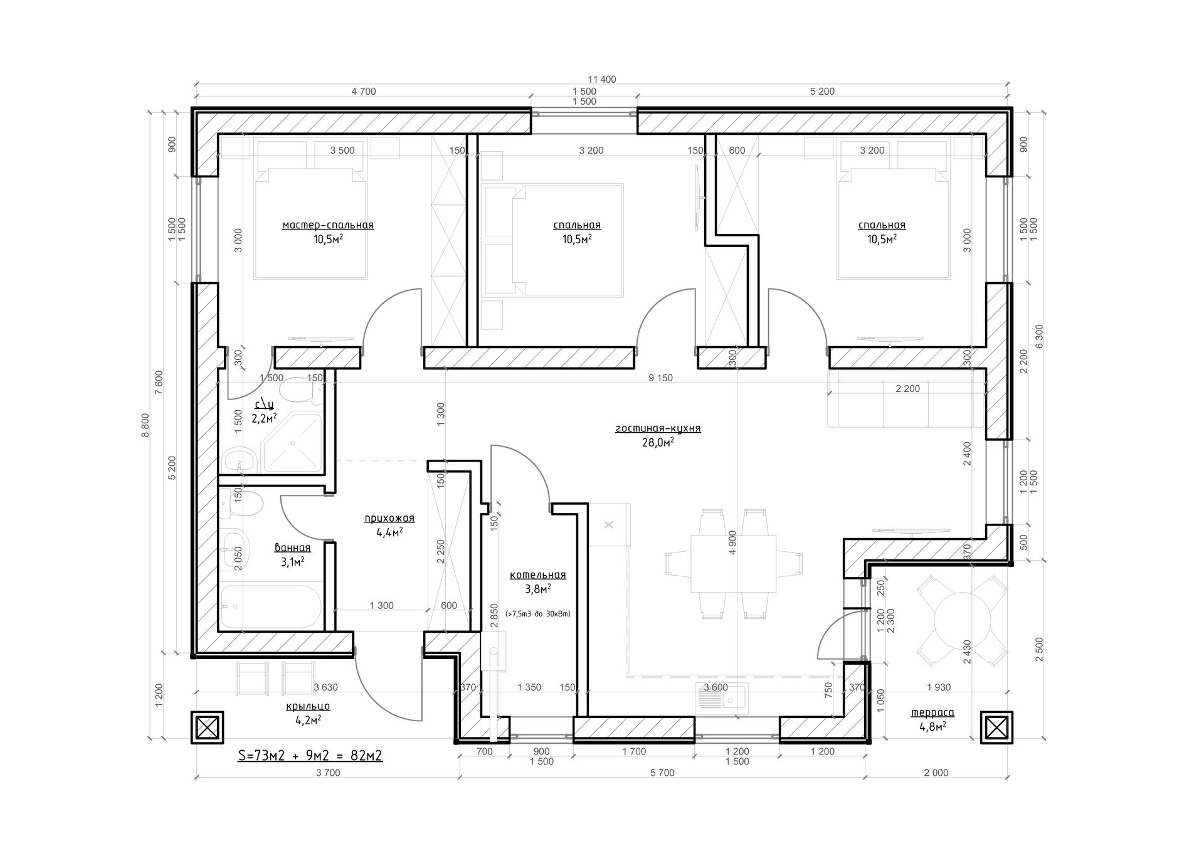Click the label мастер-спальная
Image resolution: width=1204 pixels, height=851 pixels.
coord(328,225)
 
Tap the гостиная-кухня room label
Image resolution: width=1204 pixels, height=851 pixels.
coord(658,429)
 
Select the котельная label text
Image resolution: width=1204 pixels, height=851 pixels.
coord(537,575)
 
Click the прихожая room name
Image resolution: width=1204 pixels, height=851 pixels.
coord(389,519)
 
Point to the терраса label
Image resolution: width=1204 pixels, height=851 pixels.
coord(932,712)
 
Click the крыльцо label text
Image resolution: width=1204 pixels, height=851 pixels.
coord(308,706)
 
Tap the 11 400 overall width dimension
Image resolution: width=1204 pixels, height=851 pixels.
coord(602,80)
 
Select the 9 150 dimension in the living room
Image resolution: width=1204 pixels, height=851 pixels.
coord(660,378)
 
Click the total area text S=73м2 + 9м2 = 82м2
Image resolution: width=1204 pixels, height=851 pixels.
coord(310,756)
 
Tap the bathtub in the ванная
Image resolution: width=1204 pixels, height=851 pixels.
coord(271,606)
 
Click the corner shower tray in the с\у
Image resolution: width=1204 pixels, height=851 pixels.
coord(292,443)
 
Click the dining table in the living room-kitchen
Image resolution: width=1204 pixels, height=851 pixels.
coord(733,563)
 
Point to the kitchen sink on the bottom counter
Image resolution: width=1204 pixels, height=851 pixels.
coord(722,699)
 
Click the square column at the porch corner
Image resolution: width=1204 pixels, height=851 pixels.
coord(207,727)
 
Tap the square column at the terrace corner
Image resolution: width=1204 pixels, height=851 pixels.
coord(996,727)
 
